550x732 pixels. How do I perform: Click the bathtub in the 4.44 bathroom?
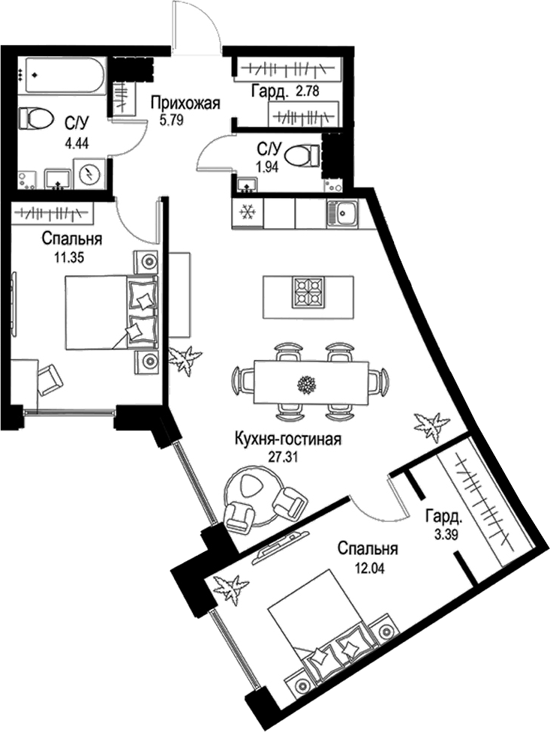[x=63, y=75]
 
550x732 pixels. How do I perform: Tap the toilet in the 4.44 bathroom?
[x=35, y=118]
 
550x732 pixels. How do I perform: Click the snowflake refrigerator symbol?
[x=246, y=213]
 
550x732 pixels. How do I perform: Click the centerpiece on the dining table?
[x=305, y=383]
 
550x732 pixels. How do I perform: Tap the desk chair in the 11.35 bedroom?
[x=50, y=379]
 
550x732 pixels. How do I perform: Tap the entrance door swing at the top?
[x=195, y=26]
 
